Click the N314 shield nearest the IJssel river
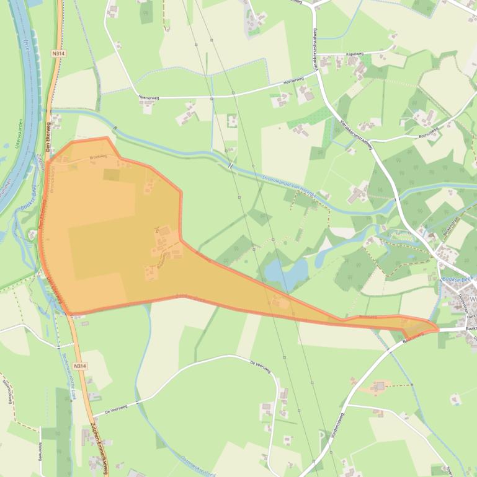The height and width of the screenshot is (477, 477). click(59, 54)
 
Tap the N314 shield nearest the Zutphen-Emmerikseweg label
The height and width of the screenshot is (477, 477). click(79, 366)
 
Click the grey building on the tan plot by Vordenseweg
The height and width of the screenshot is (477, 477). click(380, 387)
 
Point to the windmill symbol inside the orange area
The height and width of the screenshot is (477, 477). click(158, 230)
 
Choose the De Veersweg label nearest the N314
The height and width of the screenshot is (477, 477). click(116, 408)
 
